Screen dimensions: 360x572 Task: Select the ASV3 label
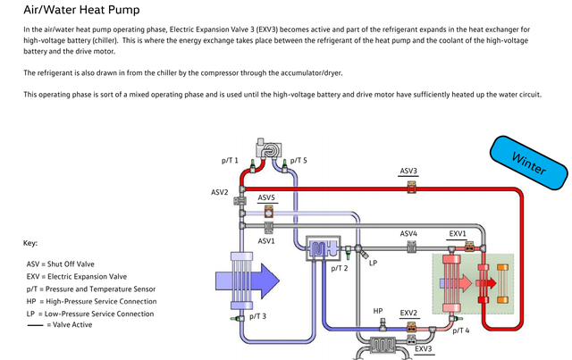(x=408, y=171)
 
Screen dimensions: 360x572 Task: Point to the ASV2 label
(x=220, y=192)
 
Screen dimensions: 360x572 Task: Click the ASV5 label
(x=266, y=197)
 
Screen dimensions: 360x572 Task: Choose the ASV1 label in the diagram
(x=266, y=241)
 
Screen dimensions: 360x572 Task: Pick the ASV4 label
(x=408, y=233)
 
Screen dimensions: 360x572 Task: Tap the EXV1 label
(x=458, y=233)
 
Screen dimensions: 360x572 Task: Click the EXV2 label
(x=408, y=313)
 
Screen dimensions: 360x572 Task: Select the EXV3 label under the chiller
(x=425, y=348)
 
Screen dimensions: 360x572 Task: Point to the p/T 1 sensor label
(x=231, y=160)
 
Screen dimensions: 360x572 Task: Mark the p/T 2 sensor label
(x=340, y=268)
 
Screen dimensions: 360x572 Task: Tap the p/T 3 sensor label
(x=258, y=316)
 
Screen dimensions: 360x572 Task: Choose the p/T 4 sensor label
(x=461, y=331)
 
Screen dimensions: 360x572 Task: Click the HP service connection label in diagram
(x=378, y=311)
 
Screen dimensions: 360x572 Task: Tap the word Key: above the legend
(x=30, y=243)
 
